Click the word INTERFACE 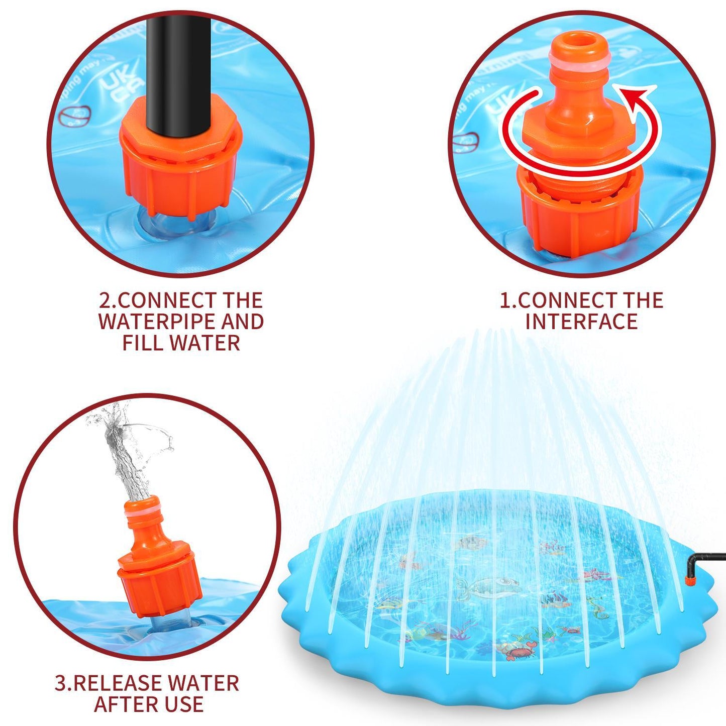581,322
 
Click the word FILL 143,344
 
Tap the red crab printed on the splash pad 514,653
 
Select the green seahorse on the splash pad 598,607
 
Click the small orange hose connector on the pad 692,581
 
